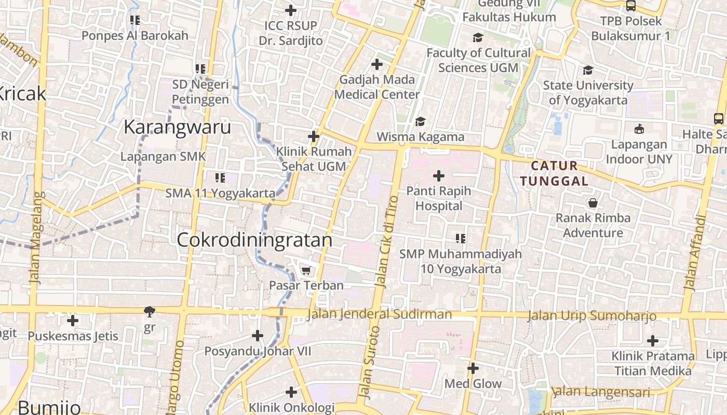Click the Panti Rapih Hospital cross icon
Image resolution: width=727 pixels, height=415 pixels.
(439, 176)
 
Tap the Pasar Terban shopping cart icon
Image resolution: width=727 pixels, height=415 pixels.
(306, 270)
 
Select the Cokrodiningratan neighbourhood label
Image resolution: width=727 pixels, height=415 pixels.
(254, 240)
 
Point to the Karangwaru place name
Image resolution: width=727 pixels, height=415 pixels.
(177, 127)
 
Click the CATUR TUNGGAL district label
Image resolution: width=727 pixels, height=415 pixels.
(555, 173)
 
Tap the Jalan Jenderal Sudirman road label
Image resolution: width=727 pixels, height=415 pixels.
(380, 314)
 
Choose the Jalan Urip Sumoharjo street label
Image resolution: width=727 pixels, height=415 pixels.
(592, 316)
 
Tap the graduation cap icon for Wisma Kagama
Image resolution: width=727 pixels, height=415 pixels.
(420, 121)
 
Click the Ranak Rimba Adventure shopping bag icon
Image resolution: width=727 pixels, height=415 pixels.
(593, 203)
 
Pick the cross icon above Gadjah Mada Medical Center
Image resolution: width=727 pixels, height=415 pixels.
(377, 65)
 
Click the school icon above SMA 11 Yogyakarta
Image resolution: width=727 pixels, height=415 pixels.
(220, 178)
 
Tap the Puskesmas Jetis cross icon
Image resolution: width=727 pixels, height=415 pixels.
(73, 321)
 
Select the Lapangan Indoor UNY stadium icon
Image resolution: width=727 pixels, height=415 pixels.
(639, 129)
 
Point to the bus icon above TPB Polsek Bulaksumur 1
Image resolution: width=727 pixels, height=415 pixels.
(631, 6)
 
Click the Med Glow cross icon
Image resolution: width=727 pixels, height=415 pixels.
(473, 368)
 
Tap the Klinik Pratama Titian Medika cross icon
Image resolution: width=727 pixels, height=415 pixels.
(653, 341)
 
